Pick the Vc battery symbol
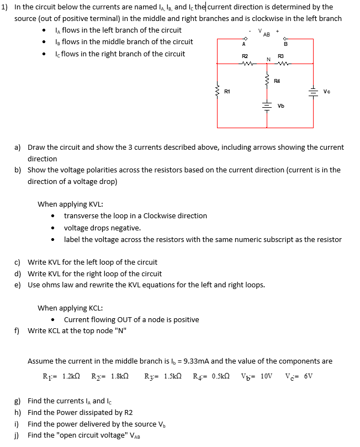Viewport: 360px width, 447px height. coord(314,91)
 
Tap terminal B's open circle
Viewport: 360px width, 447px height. coord(285,39)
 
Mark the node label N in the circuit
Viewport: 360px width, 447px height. coord(268,60)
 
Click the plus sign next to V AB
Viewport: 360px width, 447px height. coord(286,31)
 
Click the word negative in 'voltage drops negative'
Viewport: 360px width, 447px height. coord(126,228)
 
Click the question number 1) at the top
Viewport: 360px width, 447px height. coord(5,7)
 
